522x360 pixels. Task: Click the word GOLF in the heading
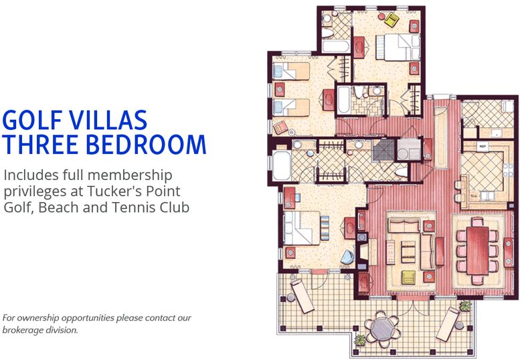point(33,120)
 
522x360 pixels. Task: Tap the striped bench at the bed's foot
point(325,229)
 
